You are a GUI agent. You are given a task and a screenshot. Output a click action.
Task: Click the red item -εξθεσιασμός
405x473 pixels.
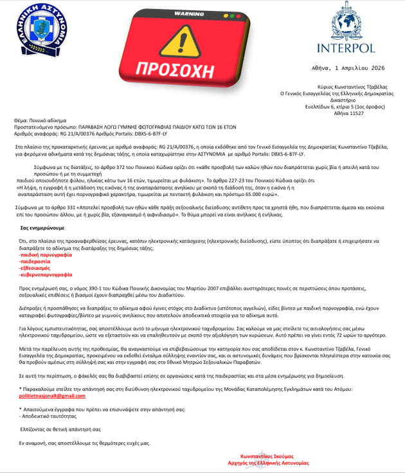point(37,268)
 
